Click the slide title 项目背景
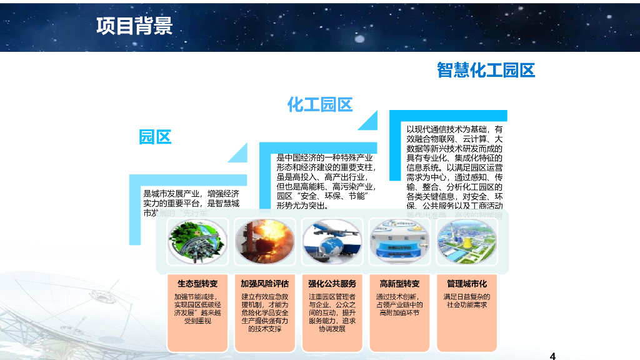click(x=134, y=26)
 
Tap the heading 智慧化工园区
click(x=486, y=70)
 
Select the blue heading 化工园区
click(x=320, y=104)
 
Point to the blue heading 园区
click(x=155, y=137)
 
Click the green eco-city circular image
click(x=197, y=241)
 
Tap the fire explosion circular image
click(x=264, y=241)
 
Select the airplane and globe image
click(x=332, y=241)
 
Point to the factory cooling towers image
click(x=467, y=241)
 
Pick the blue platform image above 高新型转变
click(x=399, y=241)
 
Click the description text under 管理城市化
click(x=467, y=301)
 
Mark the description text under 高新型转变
click(x=399, y=304)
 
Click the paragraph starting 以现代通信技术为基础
click(x=454, y=169)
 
